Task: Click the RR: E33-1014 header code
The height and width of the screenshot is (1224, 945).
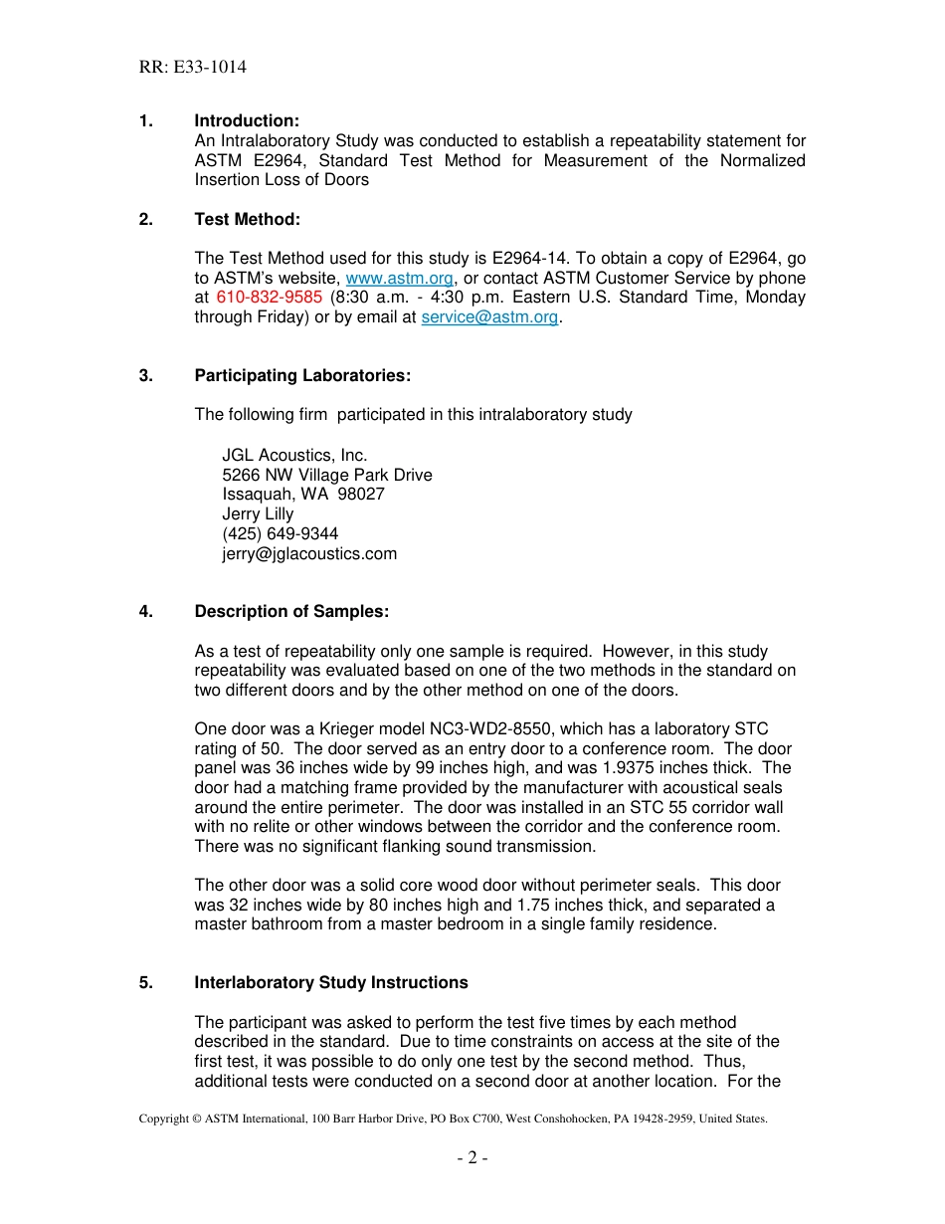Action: coord(193,68)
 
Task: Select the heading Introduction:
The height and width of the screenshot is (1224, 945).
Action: coord(247,121)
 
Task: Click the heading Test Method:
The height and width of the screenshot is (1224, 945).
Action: coord(247,219)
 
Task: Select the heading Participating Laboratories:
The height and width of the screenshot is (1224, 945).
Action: coord(302,375)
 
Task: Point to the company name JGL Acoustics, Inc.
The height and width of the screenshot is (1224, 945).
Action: coord(294,456)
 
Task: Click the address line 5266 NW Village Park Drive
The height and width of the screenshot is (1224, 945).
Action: coord(327,476)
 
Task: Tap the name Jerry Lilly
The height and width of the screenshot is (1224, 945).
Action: coord(258,514)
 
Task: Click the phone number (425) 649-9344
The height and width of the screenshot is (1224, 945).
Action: coord(280,534)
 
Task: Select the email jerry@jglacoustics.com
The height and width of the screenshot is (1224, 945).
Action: coord(309,554)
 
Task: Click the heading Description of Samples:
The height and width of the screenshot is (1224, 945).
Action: coord(291,612)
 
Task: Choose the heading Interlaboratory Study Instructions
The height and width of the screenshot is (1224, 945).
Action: coord(331,983)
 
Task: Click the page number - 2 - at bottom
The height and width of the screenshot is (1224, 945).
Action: coord(472,1157)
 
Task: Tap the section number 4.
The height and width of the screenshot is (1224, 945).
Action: coord(145,612)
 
